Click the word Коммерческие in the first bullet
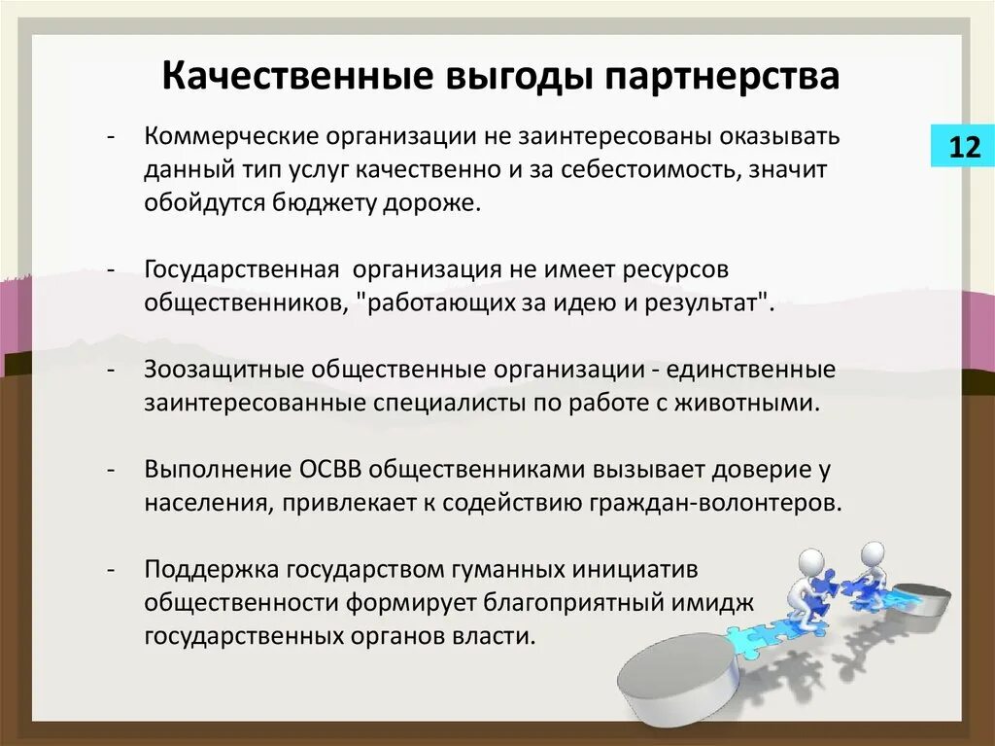[232, 136]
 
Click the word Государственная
[242, 268]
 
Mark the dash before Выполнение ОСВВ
[113, 470]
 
